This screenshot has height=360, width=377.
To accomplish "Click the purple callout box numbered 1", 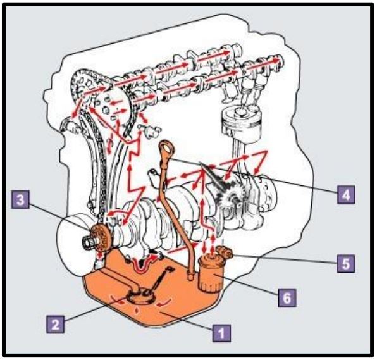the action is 221,333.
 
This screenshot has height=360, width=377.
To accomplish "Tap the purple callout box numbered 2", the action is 55,325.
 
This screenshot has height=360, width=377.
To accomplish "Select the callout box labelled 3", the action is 20,199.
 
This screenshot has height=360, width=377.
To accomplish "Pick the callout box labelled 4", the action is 346,195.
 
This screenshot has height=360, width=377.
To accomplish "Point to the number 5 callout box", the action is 346,264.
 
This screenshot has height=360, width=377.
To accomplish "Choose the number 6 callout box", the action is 287,298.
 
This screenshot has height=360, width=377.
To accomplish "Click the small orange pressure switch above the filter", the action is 225,252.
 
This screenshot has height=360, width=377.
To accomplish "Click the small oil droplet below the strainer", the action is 137,310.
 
